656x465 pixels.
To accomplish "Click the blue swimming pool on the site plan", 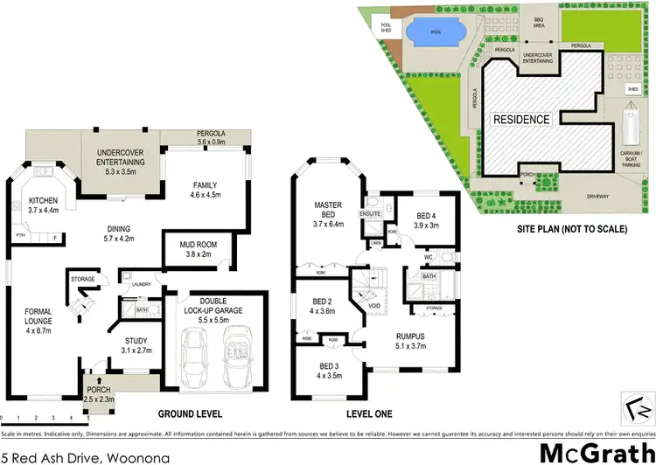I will [x=435, y=32].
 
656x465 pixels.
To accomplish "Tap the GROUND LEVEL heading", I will [x=190, y=413].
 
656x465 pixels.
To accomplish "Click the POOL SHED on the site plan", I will [x=385, y=26].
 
